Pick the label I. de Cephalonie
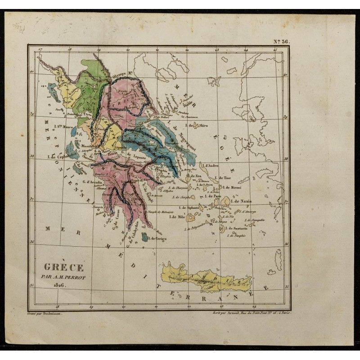click(x=63, y=157)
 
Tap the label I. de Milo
click(x=177, y=217)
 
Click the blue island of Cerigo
click(x=145, y=236)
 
